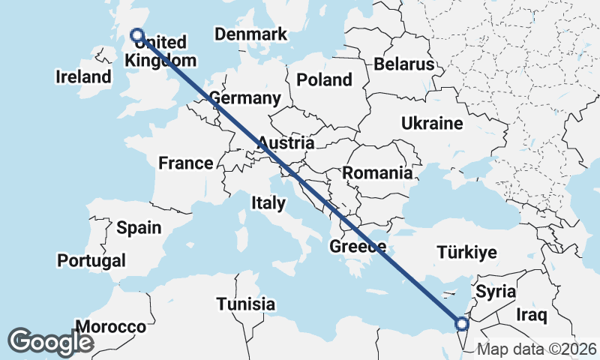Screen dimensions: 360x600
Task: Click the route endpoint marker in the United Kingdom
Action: pos(137,34)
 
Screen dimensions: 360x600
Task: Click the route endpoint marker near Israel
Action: pos(462,324)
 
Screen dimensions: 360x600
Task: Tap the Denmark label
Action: pos(250,34)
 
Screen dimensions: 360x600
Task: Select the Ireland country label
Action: pos(83,76)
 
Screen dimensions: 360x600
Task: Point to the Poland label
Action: pos(324,79)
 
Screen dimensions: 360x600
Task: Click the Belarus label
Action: pos(404,64)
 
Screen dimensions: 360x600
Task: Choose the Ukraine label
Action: pos(432,123)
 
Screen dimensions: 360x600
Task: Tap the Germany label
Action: pos(245,98)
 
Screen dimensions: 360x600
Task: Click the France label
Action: pos(185,163)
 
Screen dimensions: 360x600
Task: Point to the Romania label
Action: pos(377,173)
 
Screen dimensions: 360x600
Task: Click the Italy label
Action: pos(268,202)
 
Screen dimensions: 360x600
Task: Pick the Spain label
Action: pos(139,227)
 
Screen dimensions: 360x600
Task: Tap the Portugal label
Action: pos(91,260)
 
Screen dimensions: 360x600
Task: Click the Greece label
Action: pos(358,247)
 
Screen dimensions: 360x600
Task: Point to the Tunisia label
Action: pos(245,304)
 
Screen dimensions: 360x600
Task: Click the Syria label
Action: pos(496,290)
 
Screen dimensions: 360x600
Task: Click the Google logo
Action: pos(50,342)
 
